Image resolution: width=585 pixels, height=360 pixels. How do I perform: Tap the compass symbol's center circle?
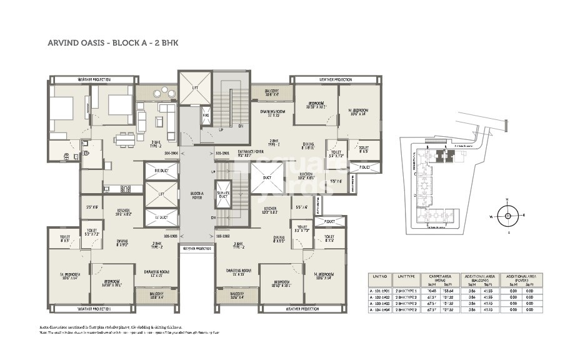(x=507, y=216)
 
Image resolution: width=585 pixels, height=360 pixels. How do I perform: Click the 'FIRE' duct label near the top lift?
(x=206, y=115)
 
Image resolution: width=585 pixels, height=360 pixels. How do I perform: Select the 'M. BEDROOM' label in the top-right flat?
(x=358, y=111)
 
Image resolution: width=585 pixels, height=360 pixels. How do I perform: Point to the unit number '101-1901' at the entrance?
(x=222, y=152)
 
